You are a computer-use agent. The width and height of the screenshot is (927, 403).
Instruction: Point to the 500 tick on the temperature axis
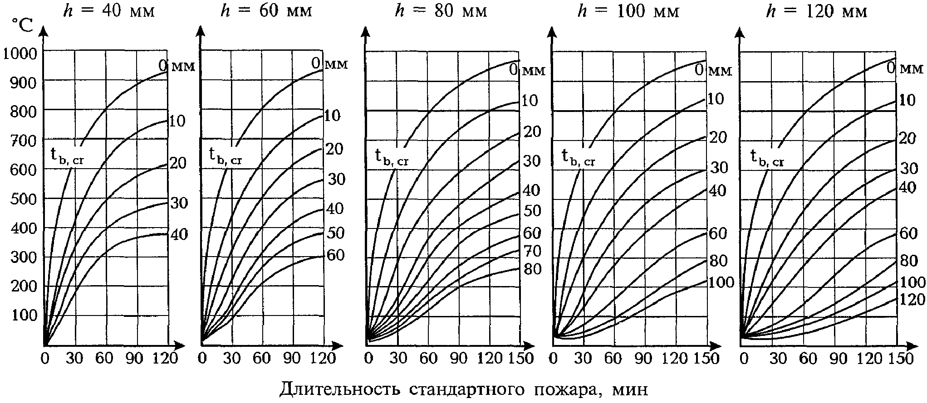click(23, 199)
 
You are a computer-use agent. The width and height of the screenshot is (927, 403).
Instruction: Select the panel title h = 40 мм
click(108, 11)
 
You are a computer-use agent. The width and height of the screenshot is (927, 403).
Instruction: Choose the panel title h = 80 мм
click(441, 11)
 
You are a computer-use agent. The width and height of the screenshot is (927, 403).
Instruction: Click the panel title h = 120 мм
click(817, 11)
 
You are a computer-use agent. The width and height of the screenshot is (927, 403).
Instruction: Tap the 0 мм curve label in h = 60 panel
click(329, 63)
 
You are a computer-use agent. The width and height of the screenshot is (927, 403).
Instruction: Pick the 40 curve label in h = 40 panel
click(179, 235)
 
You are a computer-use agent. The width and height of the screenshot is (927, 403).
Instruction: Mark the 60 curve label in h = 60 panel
click(335, 255)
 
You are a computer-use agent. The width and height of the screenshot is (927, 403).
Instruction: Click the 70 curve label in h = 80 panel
click(532, 250)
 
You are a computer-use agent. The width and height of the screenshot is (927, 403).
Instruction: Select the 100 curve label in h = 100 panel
click(721, 282)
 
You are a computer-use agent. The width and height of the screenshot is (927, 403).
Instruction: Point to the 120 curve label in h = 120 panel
click(912, 300)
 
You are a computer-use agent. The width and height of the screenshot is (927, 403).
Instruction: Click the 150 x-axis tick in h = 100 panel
click(707, 359)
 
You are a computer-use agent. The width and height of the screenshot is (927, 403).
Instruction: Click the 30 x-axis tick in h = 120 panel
click(778, 359)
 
